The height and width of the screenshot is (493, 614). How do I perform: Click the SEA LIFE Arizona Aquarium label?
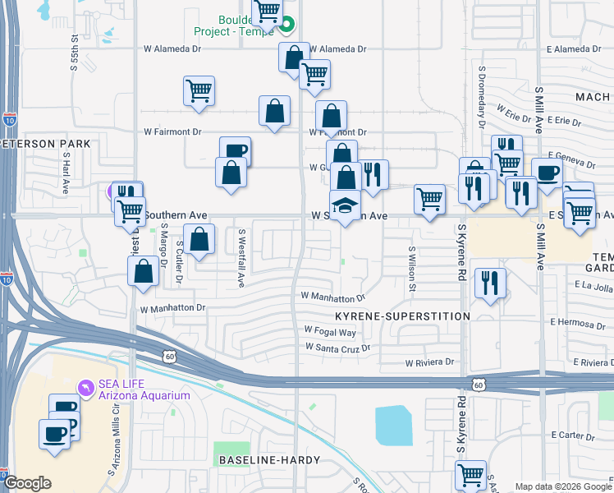coord(144,389)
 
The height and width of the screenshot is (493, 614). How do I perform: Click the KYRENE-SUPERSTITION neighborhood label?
coord(402,316)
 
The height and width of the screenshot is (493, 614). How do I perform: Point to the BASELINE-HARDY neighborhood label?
coord(268,462)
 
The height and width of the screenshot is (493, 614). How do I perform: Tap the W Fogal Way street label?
coord(330,332)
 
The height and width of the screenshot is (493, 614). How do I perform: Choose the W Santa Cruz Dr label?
coord(337,348)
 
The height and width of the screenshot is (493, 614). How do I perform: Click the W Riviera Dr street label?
coord(429,362)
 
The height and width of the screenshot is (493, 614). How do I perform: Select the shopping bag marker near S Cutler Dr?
coord(199,240)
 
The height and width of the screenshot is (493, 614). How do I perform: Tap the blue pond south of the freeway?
coord(394,425)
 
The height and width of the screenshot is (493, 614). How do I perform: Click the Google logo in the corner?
coord(27,483)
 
